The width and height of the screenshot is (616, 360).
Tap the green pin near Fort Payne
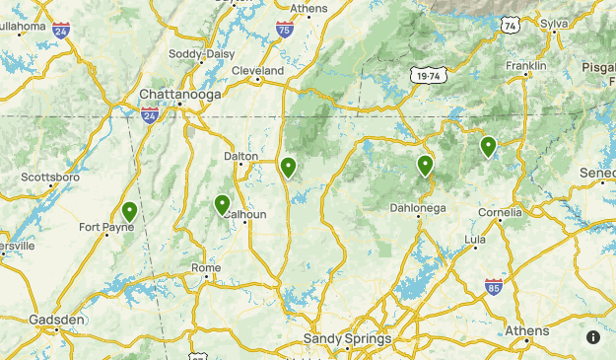pyautogui.click(x=129, y=211)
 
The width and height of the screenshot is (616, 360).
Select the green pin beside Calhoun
pyautogui.click(x=222, y=204)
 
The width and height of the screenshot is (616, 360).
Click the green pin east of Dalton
pyautogui.click(x=288, y=168)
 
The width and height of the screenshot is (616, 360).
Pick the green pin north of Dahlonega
pyautogui.click(x=425, y=165)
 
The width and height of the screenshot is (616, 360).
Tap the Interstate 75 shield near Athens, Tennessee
pyautogui.click(x=284, y=30)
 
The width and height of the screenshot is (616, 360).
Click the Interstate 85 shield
pyautogui.click(x=494, y=286)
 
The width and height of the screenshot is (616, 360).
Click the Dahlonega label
pyautogui.click(x=418, y=208)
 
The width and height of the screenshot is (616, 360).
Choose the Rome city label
pyautogui.click(x=206, y=268)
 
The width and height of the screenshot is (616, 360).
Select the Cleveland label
pyautogui.click(x=257, y=71)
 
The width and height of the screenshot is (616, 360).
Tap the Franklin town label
pyautogui.click(x=526, y=65)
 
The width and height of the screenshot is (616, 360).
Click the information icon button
pyautogui.click(x=593, y=337)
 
